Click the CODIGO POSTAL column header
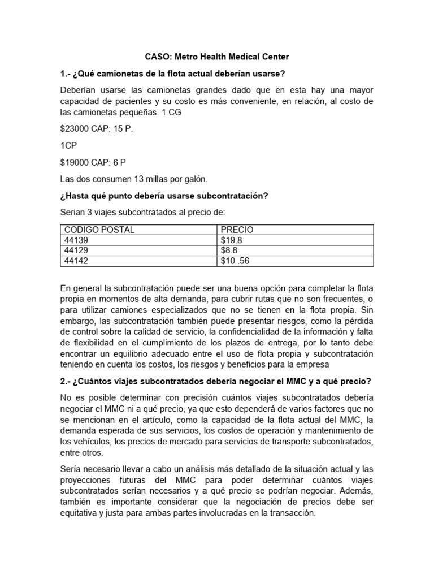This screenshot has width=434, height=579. point(99,230)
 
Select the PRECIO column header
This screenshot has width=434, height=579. point(237,230)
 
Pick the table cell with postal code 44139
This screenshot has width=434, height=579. point(76,240)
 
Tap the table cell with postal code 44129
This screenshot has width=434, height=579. point(76,250)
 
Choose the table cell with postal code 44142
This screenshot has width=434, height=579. point(76,261)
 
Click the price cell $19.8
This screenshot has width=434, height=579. point(232,240)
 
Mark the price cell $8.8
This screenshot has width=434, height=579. point(229,250)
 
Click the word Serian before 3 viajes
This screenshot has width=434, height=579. point(73,213)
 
